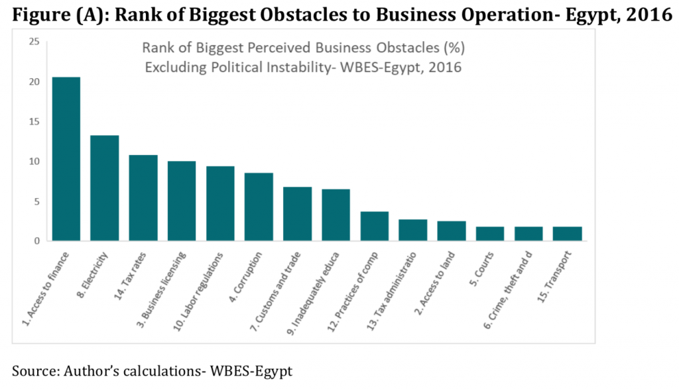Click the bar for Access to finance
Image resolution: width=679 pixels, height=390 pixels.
pos(66,159)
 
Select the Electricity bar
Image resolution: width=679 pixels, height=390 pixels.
pos(104,188)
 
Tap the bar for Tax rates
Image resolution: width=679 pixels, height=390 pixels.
pos(143,198)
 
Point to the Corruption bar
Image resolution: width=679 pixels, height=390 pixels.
pos(259,207)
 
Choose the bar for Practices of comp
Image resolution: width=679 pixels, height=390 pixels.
pos(374,226)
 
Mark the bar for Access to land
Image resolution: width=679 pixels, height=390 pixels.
pos(451,230)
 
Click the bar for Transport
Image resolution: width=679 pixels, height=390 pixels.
pos(567,234)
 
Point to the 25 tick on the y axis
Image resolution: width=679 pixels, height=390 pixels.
pos(33,42)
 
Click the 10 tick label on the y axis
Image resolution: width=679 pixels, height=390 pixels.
pos(33,162)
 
